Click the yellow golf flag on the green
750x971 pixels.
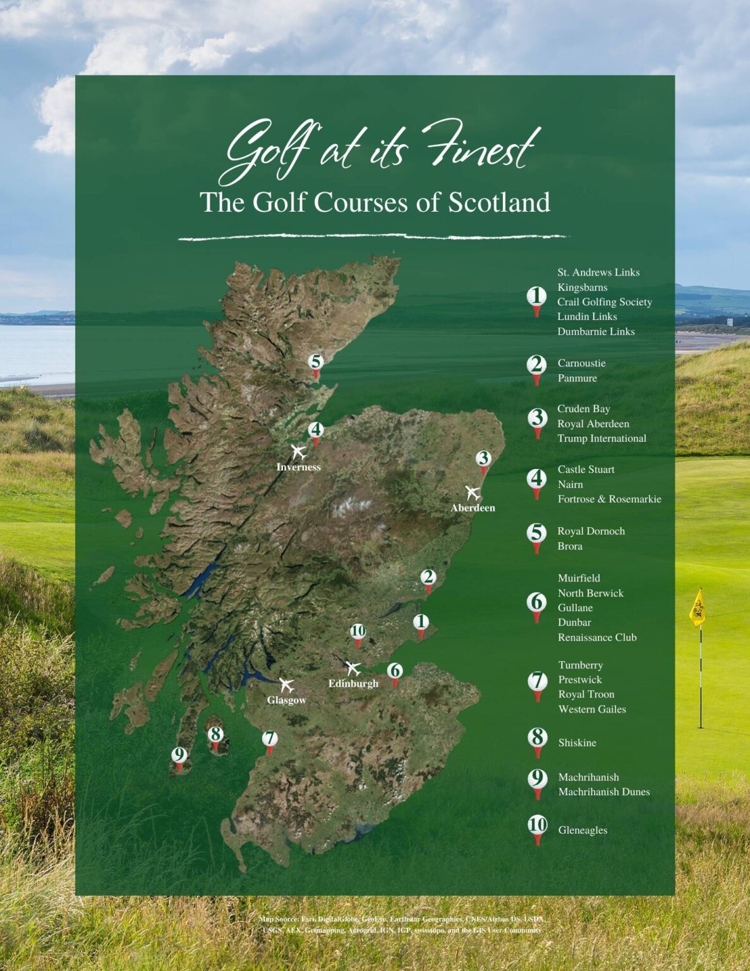point(697,608)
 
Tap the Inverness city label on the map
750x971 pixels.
point(298,467)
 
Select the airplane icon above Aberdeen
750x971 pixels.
point(472,492)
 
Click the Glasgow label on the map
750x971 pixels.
point(286,700)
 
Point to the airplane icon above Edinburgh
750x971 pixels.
point(353,668)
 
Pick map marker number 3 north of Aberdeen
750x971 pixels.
point(483,459)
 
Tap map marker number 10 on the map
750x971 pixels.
point(358,631)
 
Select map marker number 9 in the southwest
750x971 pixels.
point(179,755)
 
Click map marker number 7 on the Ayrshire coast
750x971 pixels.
point(270,739)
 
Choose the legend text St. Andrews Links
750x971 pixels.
point(598,272)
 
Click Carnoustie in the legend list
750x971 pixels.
point(581,363)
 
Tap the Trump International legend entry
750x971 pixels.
point(602,438)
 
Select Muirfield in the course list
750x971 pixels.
point(579,578)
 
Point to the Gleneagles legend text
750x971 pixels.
point(583,830)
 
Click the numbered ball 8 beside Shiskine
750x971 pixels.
point(537,738)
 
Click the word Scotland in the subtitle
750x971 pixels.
point(499,202)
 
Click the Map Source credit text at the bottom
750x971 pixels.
point(402,924)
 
